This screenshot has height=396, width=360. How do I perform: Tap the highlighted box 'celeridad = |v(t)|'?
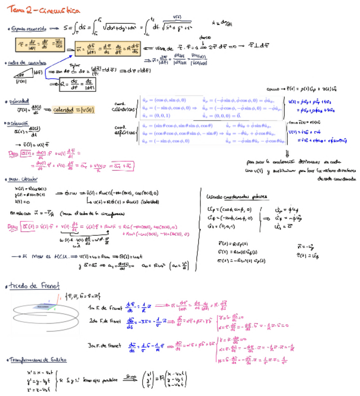click(x=74, y=110)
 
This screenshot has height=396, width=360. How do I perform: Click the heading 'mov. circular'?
click(x=23, y=179)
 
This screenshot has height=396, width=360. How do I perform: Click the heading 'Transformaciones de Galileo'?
click(x=37, y=360)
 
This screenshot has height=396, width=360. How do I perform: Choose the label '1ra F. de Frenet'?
click(x=104, y=308)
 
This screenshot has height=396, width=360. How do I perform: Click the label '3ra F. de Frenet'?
click(x=106, y=346)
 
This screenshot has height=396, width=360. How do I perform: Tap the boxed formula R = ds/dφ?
click(x=76, y=85)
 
